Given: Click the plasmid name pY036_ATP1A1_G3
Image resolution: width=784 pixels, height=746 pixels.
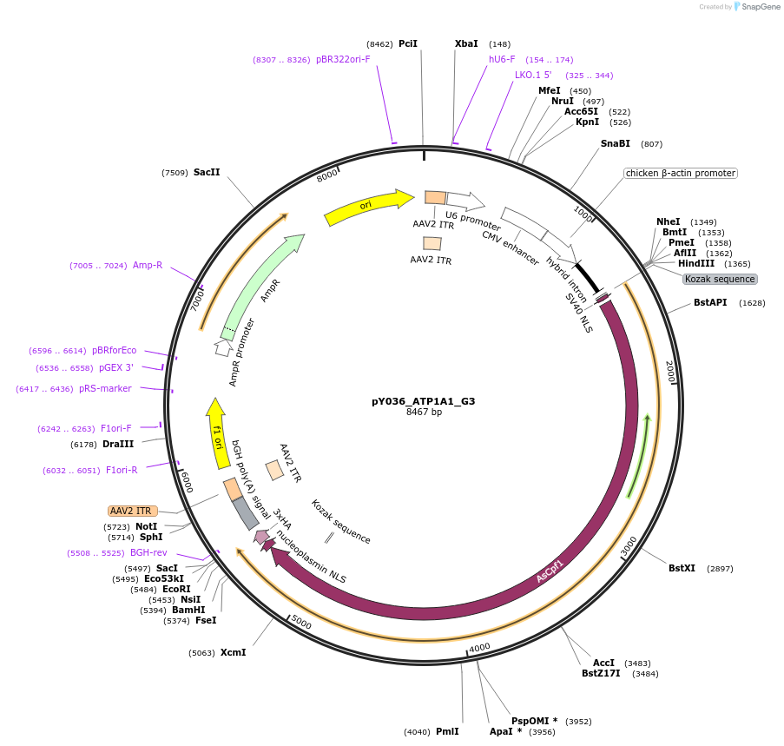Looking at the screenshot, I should click(x=423, y=401).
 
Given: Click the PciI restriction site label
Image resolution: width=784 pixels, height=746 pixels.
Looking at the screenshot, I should click(x=408, y=43).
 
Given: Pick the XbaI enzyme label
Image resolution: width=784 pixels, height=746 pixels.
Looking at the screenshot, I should click(x=466, y=43).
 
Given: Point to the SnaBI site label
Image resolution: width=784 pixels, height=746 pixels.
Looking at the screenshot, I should click(x=616, y=143).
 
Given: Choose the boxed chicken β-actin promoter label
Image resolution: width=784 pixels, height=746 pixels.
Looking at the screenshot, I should click(x=680, y=174).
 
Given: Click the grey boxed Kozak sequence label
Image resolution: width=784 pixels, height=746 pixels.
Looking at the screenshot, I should click(x=720, y=279).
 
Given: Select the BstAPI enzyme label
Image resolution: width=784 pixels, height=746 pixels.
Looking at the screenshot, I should click(x=710, y=303).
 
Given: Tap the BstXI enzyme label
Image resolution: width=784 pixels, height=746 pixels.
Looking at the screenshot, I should click(x=682, y=568).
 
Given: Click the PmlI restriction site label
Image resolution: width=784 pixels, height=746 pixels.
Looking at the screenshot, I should click(x=447, y=731).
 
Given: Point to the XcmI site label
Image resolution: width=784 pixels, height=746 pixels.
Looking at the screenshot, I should click(x=233, y=652).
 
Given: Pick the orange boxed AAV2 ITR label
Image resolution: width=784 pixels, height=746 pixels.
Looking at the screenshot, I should click(x=133, y=511).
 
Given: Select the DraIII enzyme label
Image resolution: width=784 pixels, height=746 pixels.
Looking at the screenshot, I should click(x=117, y=444).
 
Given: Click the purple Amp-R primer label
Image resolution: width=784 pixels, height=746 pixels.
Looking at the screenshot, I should click(x=148, y=265).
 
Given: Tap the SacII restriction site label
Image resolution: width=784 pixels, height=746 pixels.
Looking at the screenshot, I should click(x=207, y=172).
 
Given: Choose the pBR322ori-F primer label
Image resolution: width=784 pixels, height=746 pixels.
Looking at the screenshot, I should click(x=343, y=59).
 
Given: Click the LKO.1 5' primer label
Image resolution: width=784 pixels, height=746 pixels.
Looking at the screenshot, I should click(x=533, y=75).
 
